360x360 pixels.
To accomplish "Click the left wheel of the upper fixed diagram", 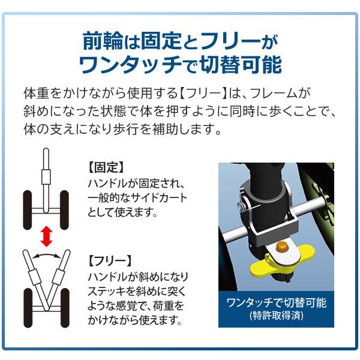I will point(27,209).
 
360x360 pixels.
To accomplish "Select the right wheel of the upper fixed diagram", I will point(63,209).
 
